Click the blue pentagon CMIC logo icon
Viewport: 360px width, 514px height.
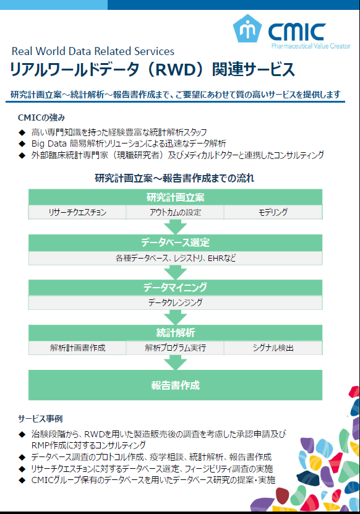tap(247, 28)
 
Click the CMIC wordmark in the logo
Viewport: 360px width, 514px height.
tap(297, 32)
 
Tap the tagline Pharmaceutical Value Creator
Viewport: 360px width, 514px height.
tap(311, 46)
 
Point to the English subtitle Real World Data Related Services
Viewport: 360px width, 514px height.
tap(93, 51)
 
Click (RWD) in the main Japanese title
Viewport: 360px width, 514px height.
tap(176, 69)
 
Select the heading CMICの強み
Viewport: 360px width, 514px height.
tap(41, 118)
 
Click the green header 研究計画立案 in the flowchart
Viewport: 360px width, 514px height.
tap(176, 197)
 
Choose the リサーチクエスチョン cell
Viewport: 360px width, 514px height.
tap(77, 212)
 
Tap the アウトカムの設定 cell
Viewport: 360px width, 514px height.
tap(175, 212)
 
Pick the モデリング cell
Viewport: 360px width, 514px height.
tap(273, 212)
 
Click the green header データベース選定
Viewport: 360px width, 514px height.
tap(176, 242)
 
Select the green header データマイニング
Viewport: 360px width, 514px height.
tap(176, 287)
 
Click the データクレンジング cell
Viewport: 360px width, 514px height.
tap(176, 302)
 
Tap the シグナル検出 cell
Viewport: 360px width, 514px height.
tap(273, 348)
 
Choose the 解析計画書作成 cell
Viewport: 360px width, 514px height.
tap(77, 348)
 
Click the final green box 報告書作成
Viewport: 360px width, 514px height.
tap(176, 385)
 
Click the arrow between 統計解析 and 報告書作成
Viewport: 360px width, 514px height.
tap(176, 362)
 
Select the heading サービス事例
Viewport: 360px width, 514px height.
tap(40, 419)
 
